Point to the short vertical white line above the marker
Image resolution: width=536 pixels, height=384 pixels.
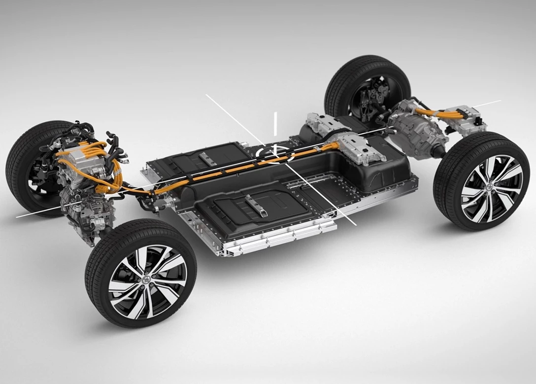[275, 123]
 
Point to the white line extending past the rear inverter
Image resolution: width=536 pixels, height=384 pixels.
[490, 103]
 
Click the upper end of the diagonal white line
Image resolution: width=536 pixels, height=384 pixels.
[207, 96]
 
